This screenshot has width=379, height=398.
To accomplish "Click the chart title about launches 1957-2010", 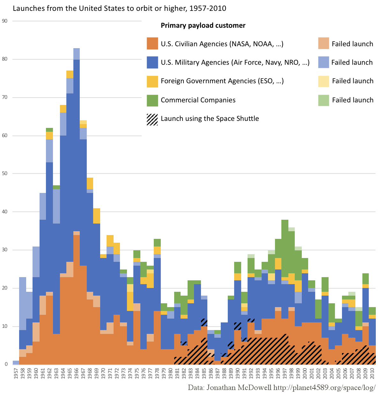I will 119,8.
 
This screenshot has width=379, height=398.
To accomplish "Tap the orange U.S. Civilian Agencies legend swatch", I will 152,44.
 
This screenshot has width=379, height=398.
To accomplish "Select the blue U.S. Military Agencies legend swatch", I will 152,63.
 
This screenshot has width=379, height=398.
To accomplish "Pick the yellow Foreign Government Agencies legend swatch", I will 152,81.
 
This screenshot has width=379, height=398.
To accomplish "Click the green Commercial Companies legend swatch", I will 152,100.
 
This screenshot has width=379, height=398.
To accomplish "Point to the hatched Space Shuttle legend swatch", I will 152,119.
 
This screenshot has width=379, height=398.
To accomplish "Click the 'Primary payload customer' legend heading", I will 203,26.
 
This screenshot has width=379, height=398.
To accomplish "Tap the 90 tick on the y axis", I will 4,21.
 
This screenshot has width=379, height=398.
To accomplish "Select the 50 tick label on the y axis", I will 4,174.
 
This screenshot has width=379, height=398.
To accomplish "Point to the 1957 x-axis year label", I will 16,373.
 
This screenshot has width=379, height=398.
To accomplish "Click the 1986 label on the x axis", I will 211,373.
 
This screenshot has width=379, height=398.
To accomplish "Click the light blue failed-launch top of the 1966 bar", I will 77,54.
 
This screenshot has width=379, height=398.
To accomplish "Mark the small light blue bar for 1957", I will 16,363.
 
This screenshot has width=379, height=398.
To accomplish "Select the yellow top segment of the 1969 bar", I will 97,216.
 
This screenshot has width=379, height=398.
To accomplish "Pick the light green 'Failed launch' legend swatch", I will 323,100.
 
